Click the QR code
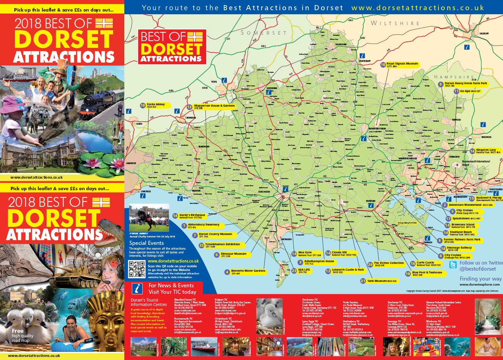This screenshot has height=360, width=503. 137,269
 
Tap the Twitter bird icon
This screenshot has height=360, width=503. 453,265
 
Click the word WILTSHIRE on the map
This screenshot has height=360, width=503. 395,23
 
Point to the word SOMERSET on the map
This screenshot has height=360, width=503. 264,33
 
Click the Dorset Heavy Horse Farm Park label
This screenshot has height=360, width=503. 466,84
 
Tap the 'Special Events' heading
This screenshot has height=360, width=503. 146,243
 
